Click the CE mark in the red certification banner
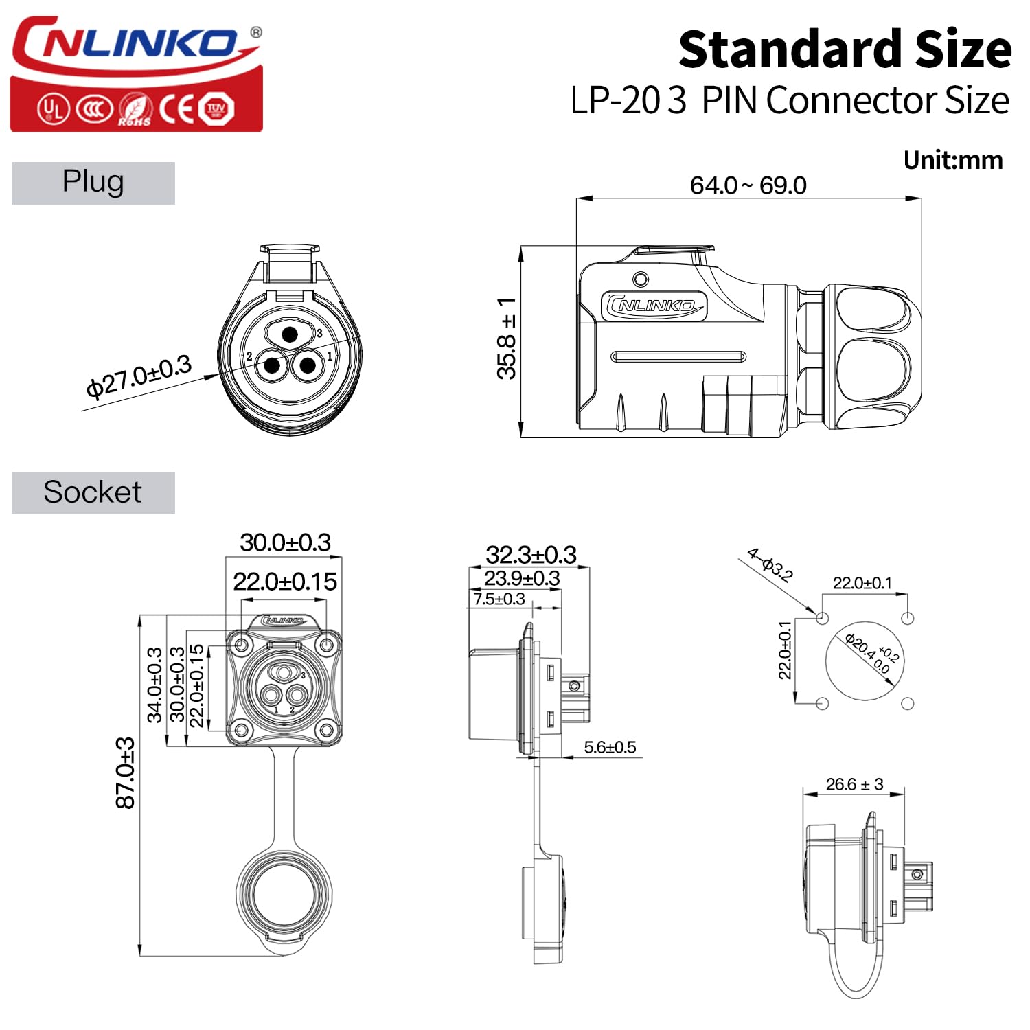(176, 108)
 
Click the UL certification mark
(53, 108)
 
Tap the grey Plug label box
(93, 183)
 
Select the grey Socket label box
(93, 492)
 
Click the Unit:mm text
(953, 160)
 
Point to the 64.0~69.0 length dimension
(748, 185)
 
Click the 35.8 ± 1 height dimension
(507, 338)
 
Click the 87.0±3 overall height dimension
(126, 773)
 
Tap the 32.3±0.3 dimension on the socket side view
(531, 554)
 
